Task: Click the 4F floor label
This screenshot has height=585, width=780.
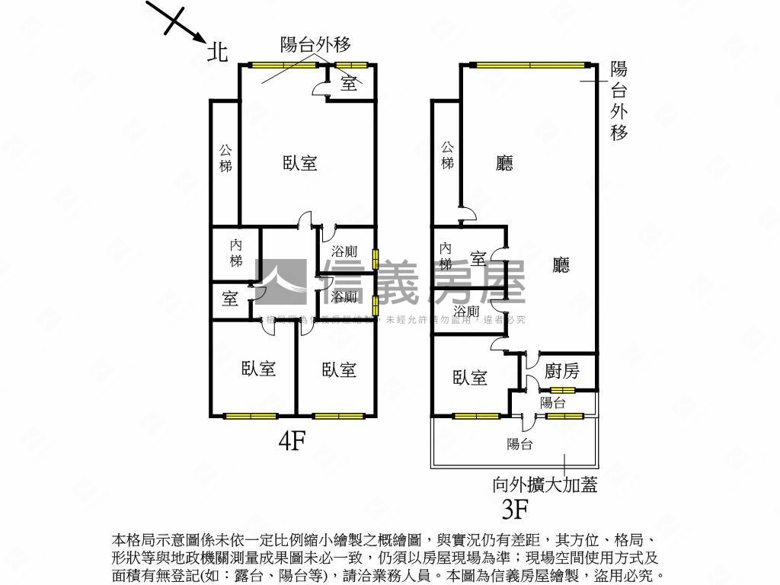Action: (x=291, y=442)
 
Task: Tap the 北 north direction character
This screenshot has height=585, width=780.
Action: (x=219, y=51)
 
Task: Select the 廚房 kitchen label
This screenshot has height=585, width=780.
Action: (x=562, y=371)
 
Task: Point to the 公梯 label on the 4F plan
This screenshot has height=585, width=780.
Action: (x=225, y=157)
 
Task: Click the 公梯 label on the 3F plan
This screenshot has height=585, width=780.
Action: (x=447, y=155)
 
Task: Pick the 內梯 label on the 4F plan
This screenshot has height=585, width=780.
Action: (x=236, y=253)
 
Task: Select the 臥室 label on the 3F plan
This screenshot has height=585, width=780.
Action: (x=469, y=377)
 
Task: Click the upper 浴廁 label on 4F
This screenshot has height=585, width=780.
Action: (x=344, y=251)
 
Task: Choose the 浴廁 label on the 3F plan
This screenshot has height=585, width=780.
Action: (x=465, y=312)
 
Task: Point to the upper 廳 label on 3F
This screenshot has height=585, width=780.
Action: (x=504, y=163)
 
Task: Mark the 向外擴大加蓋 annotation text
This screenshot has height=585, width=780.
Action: (x=545, y=483)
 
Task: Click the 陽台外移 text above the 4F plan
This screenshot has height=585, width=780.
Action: (x=315, y=44)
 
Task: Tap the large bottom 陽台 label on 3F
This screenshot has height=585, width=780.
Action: (x=519, y=444)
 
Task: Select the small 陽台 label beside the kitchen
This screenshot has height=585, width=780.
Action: (x=552, y=402)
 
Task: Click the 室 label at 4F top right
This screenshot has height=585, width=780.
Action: (x=349, y=83)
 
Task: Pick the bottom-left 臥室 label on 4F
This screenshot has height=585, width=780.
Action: (x=259, y=369)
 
